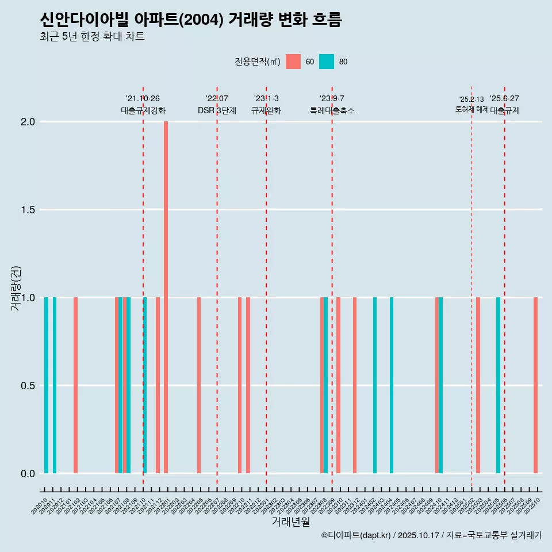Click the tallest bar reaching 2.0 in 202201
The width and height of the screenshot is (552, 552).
[x=166, y=297]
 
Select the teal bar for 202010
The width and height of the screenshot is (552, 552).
[x=46, y=385]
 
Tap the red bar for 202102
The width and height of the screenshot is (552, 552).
[x=75, y=385]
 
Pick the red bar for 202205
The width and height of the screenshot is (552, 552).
[x=199, y=385]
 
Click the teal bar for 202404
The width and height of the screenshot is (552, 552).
[x=392, y=385]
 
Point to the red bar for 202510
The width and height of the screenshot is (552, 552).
[x=535, y=385]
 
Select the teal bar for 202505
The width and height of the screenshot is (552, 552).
[x=498, y=385]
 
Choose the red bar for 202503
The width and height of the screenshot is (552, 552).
[x=478, y=385]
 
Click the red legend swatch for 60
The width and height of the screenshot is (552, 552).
[x=293, y=62]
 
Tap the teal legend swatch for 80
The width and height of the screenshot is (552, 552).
[x=327, y=62]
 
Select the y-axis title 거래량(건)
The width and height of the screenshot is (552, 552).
[x=16, y=287]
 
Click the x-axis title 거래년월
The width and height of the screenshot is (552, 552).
[x=290, y=522]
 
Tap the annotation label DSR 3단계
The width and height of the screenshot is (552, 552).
[x=217, y=110]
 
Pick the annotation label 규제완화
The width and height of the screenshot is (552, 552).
[x=266, y=110]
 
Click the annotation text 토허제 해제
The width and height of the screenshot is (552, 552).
[x=471, y=109]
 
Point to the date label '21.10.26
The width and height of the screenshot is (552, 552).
[x=143, y=98]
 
